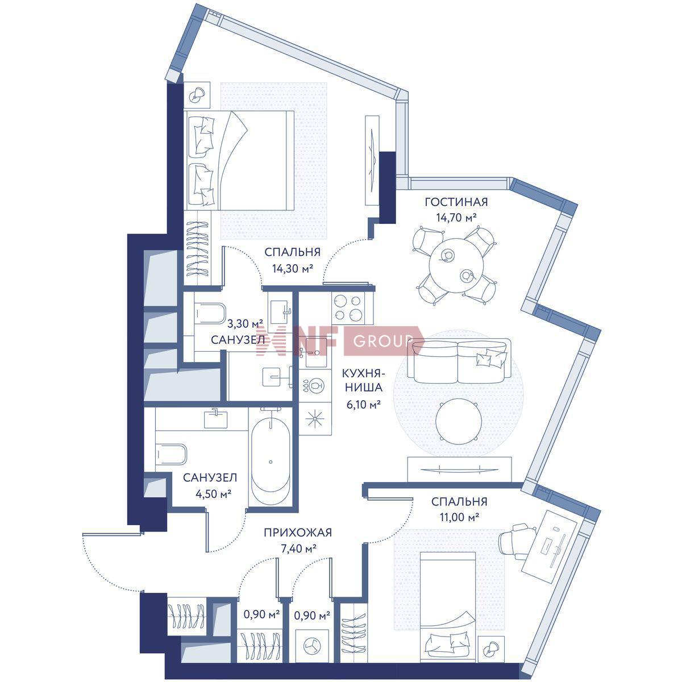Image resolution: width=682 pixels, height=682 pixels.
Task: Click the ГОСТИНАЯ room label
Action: pyautogui.click(x=456, y=202)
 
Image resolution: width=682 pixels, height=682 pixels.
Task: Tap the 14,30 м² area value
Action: pyautogui.click(x=293, y=269)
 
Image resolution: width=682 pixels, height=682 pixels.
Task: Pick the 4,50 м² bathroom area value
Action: pyautogui.click(x=211, y=493)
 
